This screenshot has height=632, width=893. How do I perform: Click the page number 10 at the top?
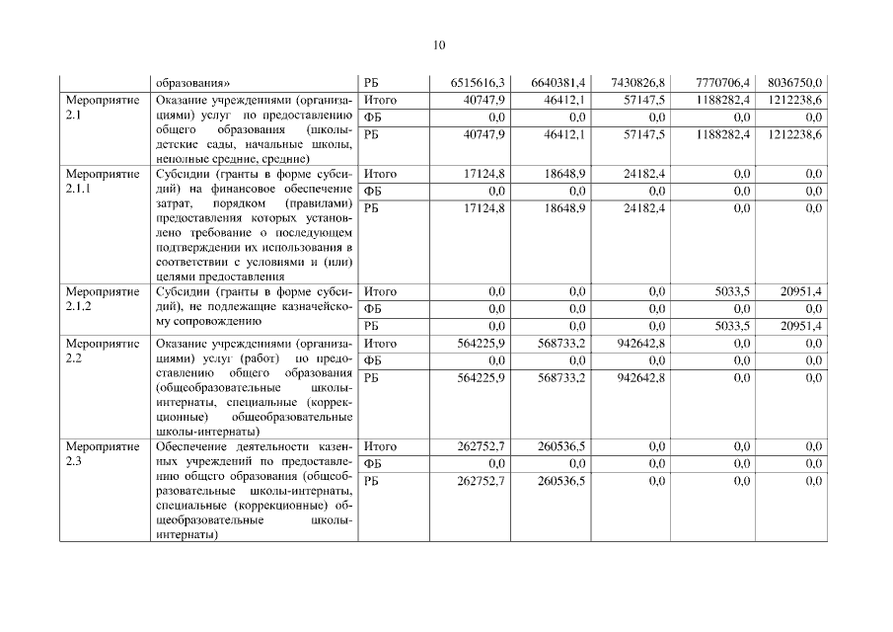point(440,44)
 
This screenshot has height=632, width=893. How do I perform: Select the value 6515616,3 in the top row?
point(477,83)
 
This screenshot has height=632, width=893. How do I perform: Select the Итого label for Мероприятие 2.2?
point(380,344)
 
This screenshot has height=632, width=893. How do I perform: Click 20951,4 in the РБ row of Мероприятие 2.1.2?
point(801,326)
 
